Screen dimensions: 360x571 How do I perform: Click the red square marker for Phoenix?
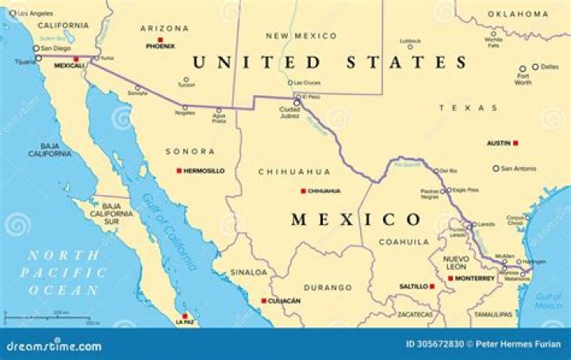click(x=160, y=39)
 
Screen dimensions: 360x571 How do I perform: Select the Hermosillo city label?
click(x=205, y=170)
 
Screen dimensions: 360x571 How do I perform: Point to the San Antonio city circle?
click(x=496, y=168)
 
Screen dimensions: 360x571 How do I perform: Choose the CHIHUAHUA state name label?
click(x=294, y=171)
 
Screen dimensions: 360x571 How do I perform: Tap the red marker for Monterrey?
click(x=450, y=278)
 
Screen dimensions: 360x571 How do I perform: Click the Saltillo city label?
click(x=413, y=286)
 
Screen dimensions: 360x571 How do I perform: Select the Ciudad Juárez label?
click(x=289, y=112)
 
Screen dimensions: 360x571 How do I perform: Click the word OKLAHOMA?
click(x=518, y=13)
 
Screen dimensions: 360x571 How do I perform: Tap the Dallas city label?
click(x=550, y=67)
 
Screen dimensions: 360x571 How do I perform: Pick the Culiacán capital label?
click(x=284, y=301)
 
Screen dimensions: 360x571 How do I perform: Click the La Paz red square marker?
click(x=186, y=314)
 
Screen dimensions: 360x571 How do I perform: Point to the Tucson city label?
click(x=186, y=86)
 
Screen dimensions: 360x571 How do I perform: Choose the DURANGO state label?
click(x=328, y=287)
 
